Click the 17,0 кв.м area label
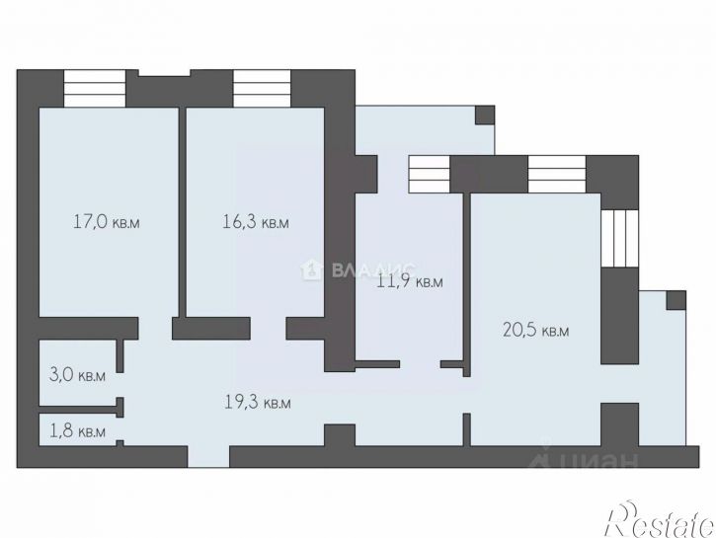pyautogui.click(x=107, y=222)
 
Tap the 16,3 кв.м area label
pyautogui.click(x=256, y=222)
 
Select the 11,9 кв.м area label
pyautogui.click(x=410, y=281)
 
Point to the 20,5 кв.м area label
pyautogui.click(x=535, y=330)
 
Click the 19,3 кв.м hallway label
pyautogui.click(x=258, y=402)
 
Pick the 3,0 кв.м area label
pyautogui.click(x=77, y=375)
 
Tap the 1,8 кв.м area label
pyautogui.click(x=77, y=431)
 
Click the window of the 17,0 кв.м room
pyautogui.click(x=94, y=88)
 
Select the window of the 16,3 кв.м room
pyautogui.click(x=262, y=88)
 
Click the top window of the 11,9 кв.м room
pyautogui.click(x=430, y=174)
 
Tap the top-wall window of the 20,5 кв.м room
pyautogui.click(x=557, y=174)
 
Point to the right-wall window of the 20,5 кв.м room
pyautogui.click(x=619, y=239)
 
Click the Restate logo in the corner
pyautogui.click(x=660, y=519)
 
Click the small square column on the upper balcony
pyautogui.click(x=485, y=115)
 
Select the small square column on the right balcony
pyautogui.click(x=676, y=300)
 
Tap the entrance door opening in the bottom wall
pyautogui.click(x=208, y=456)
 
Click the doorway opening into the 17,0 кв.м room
pyautogui.click(x=155, y=329)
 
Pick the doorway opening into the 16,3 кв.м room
pyautogui.click(x=268, y=329)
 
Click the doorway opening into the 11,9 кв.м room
pyautogui.click(x=420, y=364)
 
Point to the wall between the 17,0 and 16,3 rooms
pyautogui.click(x=182, y=212)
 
